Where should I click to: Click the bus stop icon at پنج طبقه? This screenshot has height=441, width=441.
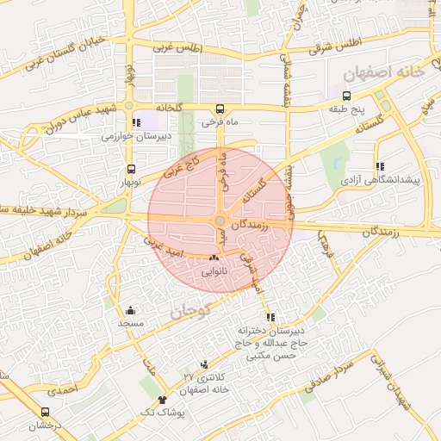[347, 96]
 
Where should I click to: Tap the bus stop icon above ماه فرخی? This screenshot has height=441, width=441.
[220, 109]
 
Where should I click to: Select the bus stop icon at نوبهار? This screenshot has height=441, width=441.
[131, 170]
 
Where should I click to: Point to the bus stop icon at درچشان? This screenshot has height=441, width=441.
[45, 413]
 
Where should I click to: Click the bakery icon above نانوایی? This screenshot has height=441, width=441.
[214, 258]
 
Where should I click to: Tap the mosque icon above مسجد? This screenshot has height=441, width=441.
[130, 310]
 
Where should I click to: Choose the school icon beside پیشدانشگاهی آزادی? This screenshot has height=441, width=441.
[379, 166]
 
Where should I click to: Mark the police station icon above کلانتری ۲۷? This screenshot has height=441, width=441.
[204, 365]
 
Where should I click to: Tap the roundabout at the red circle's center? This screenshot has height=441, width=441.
[220, 221]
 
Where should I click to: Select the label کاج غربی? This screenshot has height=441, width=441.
[182, 164]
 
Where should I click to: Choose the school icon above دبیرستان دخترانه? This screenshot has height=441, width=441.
[271, 317]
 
